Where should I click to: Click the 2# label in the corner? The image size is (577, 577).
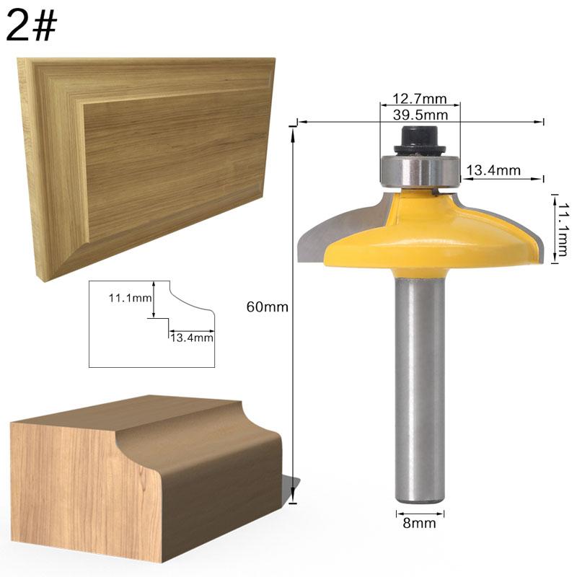30,27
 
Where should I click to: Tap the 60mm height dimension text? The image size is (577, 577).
267,307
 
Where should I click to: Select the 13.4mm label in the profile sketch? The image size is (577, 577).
192,336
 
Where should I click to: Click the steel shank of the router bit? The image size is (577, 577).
420,389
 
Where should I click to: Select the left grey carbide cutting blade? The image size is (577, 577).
317,234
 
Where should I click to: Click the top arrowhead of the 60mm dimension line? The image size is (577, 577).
294,129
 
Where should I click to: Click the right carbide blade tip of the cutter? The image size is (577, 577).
537,238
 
